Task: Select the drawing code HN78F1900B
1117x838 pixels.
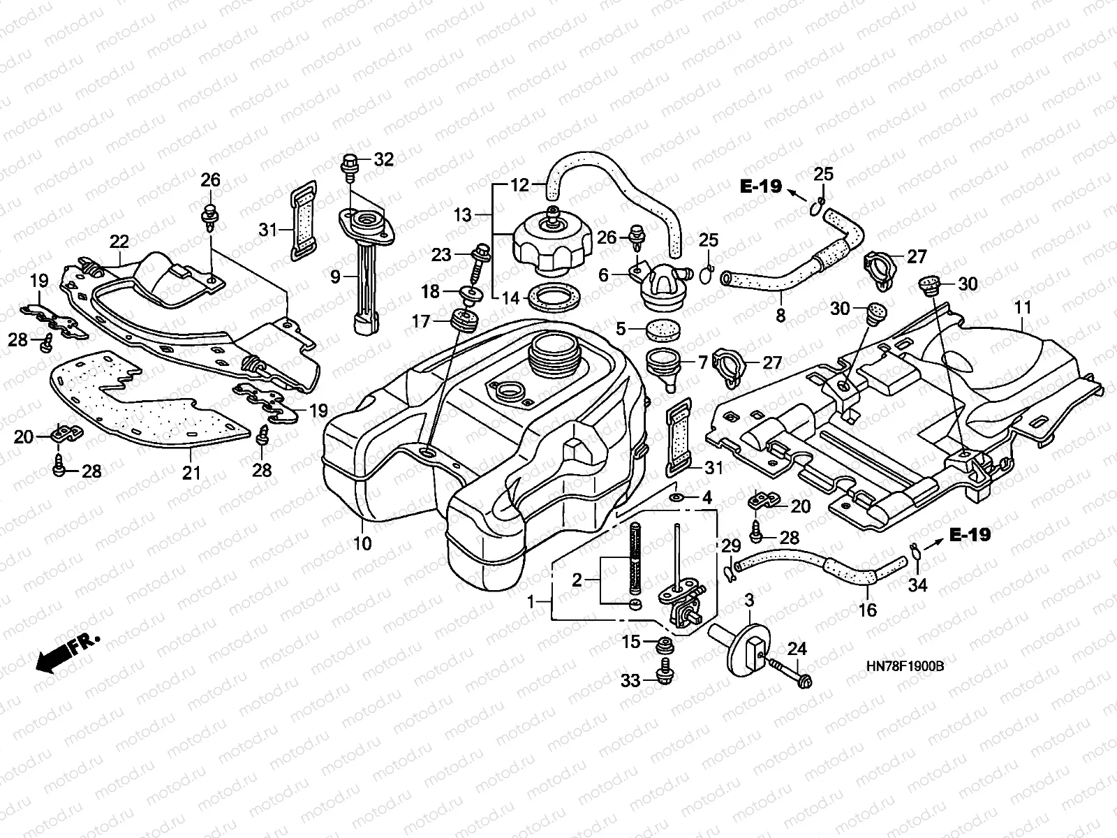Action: (x=904, y=668)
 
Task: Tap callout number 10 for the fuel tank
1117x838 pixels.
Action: (x=362, y=543)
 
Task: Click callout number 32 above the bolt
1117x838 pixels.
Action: (x=383, y=159)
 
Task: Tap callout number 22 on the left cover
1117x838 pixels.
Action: (x=119, y=242)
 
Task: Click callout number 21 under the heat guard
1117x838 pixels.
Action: (x=191, y=473)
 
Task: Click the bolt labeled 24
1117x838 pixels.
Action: (x=789, y=670)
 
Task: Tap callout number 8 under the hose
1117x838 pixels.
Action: (x=781, y=315)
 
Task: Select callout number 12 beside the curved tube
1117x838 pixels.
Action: (x=520, y=186)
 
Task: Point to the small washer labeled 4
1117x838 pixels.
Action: (x=676, y=497)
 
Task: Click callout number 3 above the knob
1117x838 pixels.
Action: (x=749, y=600)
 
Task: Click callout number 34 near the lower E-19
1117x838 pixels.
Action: (x=917, y=585)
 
